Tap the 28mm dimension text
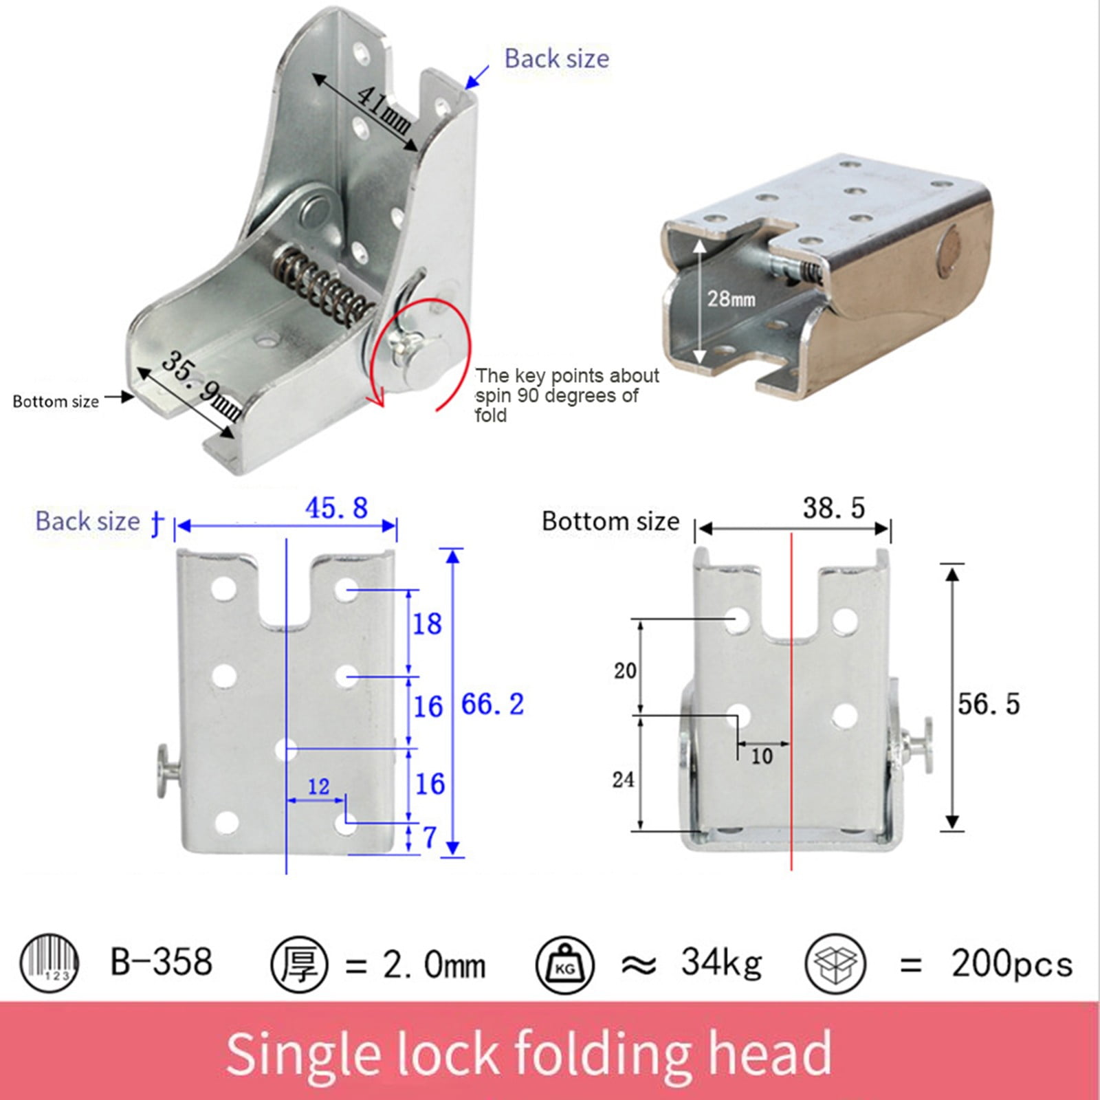pos(731,299)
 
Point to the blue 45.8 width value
pos(336,508)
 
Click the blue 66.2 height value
pos(492,704)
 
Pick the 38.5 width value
pos(833,508)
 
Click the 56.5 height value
pos(988,704)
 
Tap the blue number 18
pos(427,624)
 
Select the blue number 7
pos(430,837)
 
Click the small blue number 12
pos(318,786)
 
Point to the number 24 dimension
pos(623,780)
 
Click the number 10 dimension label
pos(761,756)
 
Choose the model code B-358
pos(161,962)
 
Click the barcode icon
pos(49,962)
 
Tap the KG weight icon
pos(564,965)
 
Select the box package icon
pos(835,963)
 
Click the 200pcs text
pos(1011,964)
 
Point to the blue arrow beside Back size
pos(477,77)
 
